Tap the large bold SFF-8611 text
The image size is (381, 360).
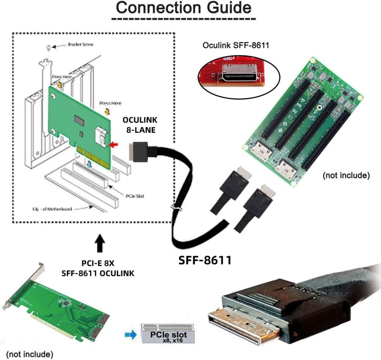[205, 260]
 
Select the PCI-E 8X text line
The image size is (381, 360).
[98, 263]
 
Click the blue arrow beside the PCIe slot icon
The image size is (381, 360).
[129, 334]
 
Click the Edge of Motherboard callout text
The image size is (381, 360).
[52, 209]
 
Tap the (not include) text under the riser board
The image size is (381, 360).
[345, 175]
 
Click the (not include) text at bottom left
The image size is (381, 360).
[30, 354]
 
